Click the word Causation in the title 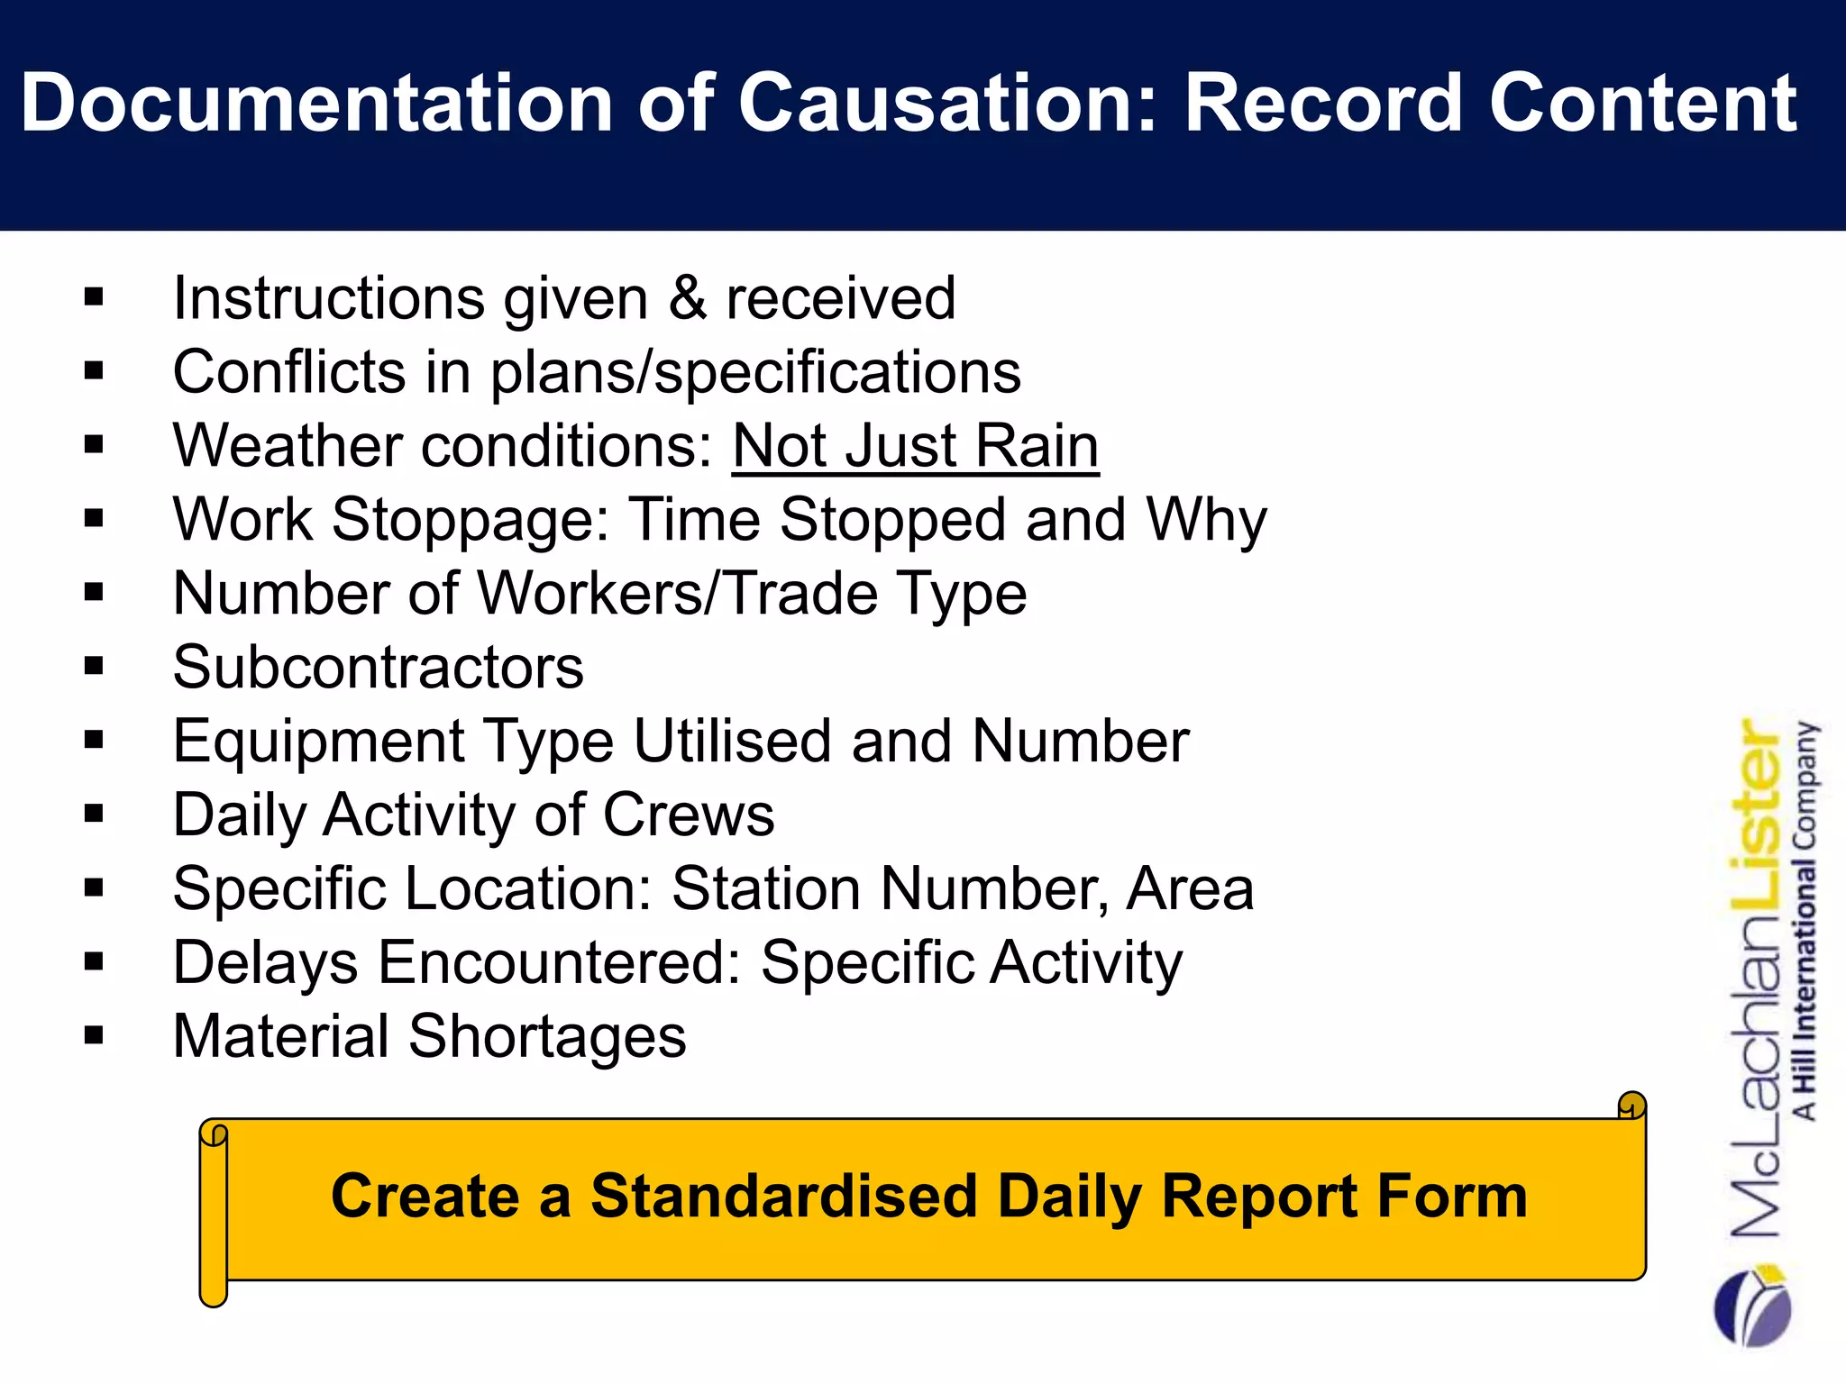(x=942, y=104)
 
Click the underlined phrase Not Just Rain (x=915, y=446)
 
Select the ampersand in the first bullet (x=687, y=298)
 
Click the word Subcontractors (x=379, y=668)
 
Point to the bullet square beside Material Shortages (x=94, y=1035)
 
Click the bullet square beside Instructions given (x=94, y=297)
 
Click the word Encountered (x=560, y=963)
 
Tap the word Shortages (x=546, y=1037)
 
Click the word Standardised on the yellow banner (x=783, y=1197)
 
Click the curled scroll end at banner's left (x=214, y=1212)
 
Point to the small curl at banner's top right (x=1631, y=1106)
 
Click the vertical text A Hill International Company (x=1805, y=919)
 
